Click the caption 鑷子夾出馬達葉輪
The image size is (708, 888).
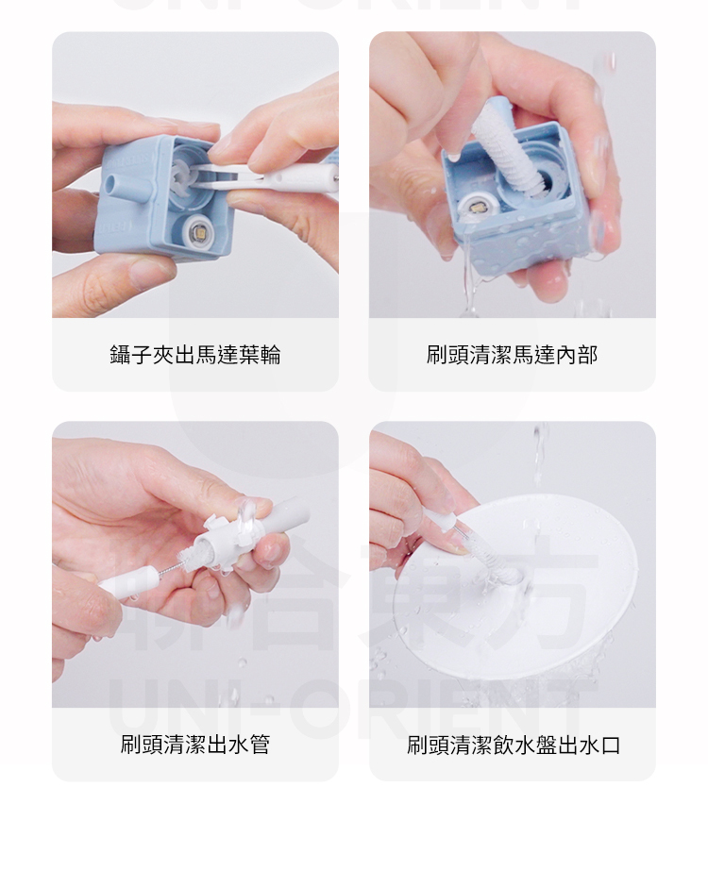[194, 355]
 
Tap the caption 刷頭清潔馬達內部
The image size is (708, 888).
[512, 355]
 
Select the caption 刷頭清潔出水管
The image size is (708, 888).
[194, 745]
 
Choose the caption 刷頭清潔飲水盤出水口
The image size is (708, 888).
[514, 745]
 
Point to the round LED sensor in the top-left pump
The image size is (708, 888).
[199, 232]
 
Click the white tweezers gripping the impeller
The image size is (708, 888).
[266, 178]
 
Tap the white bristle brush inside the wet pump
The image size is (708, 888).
[507, 152]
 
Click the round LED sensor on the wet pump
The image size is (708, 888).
[475, 209]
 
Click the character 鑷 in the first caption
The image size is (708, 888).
[120, 355]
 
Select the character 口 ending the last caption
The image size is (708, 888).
[610, 745]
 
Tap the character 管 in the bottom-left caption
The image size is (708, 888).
[260, 745]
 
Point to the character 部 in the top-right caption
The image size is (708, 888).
[587, 355]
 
